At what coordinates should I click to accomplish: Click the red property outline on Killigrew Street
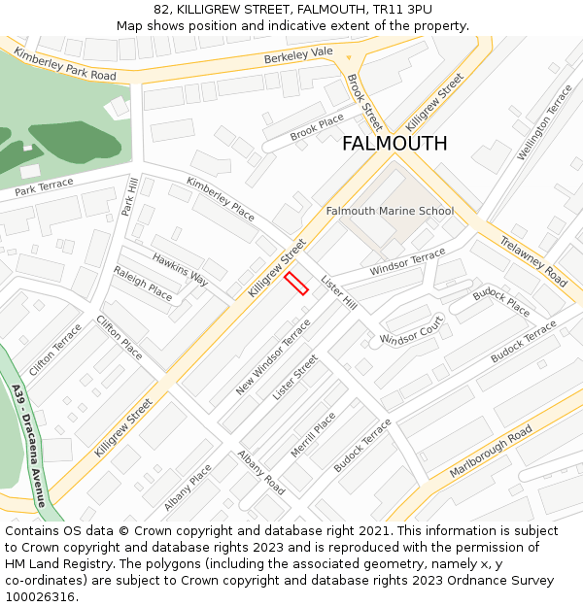coord(296,283)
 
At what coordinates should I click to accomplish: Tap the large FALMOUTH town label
coord(394,144)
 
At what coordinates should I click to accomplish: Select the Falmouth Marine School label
coord(390,211)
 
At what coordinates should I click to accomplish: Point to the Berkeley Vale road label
coord(298,57)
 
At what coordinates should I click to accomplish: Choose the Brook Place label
coord(317,125)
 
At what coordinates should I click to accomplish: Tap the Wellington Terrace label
coord(544,123)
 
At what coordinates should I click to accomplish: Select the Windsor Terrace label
coord(407,260)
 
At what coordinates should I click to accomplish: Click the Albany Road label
coord(260,473)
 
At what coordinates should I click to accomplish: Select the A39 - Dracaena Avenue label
coord(29,446)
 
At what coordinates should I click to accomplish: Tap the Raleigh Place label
coord(142,283)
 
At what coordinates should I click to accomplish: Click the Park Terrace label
coord(44,186)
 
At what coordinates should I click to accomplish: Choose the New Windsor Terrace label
coord(273,357)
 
